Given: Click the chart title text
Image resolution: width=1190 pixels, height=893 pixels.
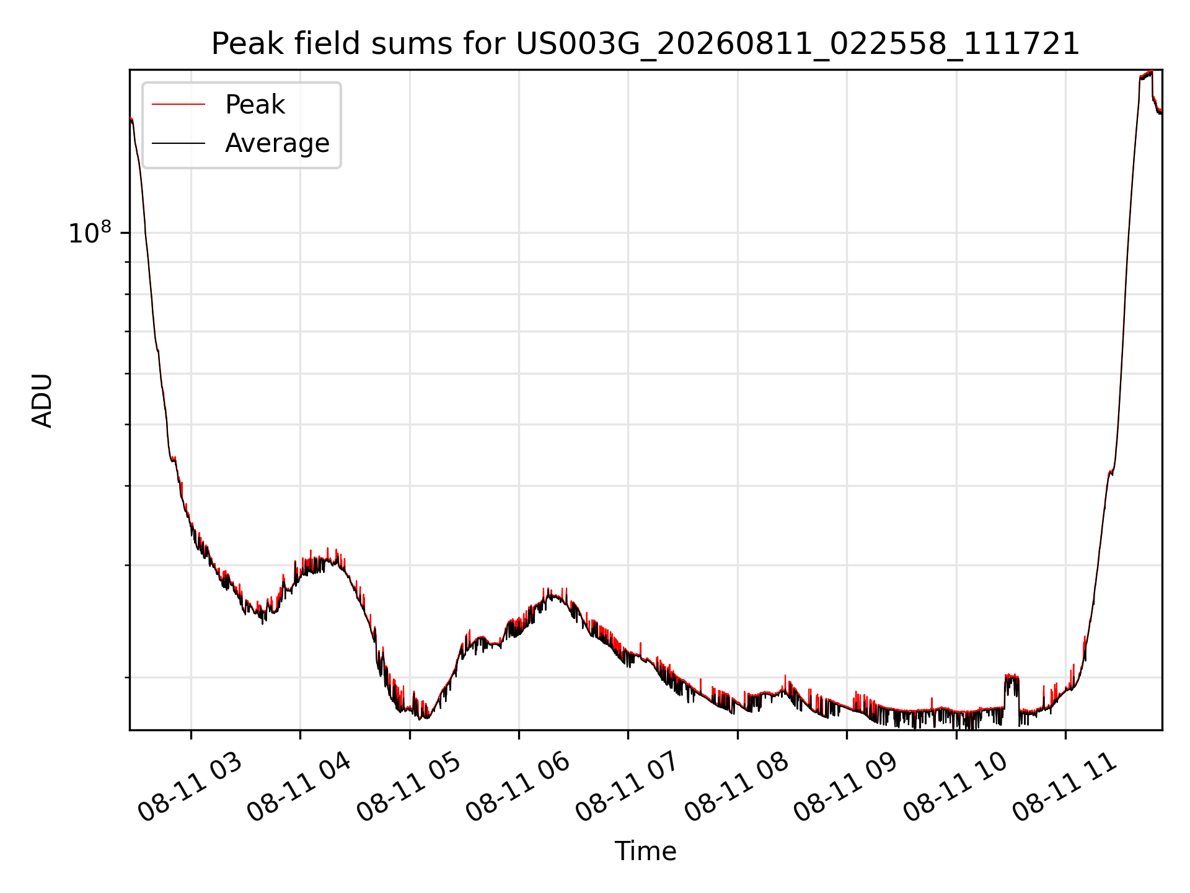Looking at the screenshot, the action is point(645,44).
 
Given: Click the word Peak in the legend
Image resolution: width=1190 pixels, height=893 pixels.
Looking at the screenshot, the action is point(255,105).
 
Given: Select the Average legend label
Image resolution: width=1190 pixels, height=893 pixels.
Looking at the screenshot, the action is point(277,143).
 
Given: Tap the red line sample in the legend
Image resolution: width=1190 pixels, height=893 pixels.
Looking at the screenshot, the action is point(178,105).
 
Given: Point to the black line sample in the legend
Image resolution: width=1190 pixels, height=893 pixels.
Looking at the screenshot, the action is point(178,143).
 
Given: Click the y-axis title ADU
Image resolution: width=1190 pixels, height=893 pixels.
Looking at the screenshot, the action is point(43,400).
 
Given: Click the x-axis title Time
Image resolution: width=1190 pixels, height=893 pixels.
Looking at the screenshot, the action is point(645,851).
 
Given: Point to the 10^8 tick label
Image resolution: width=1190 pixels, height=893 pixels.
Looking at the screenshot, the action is point(90,233).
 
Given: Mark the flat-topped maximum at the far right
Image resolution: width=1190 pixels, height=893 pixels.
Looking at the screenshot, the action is point(1146,74).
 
